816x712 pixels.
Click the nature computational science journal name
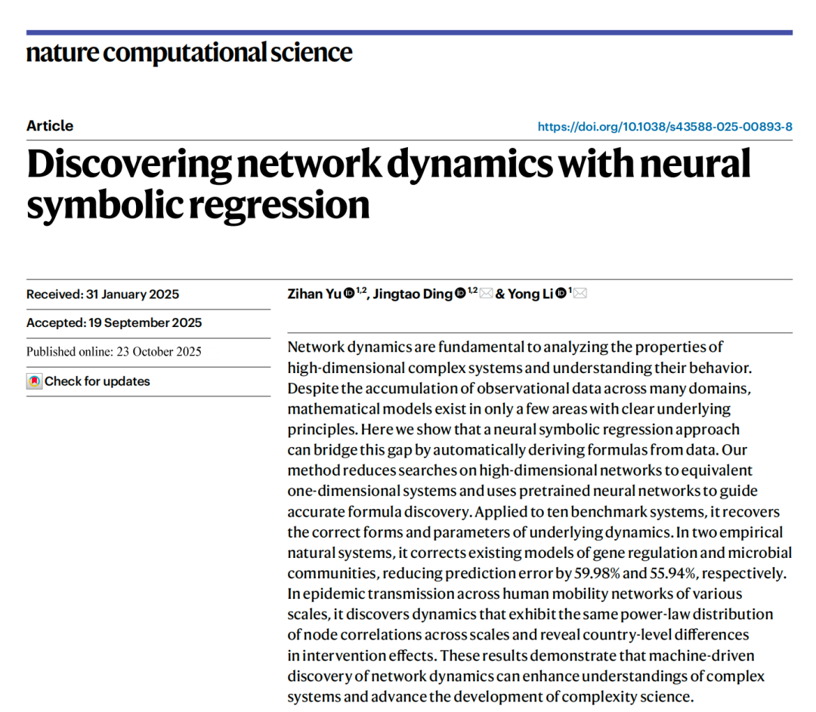(x=189, y=53)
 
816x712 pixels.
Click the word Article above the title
(x=50, y=126)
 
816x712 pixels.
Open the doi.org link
(x=665, y=127)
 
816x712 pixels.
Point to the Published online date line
(x=114, y=352)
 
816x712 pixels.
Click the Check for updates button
(x=97, y=381)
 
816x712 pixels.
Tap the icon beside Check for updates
(x=34, y=381)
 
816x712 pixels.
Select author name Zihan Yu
(x=314, y=294)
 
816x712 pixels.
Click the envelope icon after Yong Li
(x=580, y=294)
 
